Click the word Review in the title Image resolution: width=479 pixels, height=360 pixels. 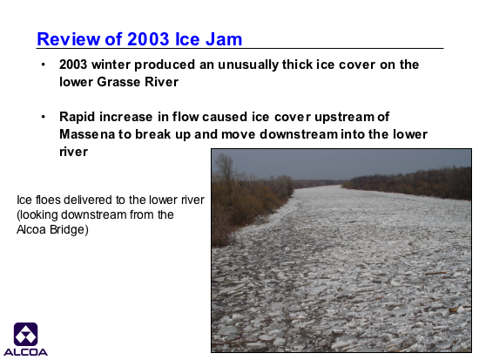click(69, 39)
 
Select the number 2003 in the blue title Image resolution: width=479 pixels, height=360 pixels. click(148, 39)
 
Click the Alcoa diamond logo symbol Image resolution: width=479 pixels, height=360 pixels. click(25, 335)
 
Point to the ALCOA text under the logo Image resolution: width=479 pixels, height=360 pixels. click(25, 352)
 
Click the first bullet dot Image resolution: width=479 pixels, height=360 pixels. click(44, 65)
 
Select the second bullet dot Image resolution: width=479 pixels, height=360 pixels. click(44, 117)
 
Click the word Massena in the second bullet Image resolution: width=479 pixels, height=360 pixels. click(87, 134)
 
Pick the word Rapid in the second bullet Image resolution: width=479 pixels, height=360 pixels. click(78, 117)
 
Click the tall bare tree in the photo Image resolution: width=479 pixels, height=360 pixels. click(226, 171)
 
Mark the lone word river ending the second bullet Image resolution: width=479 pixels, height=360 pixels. click(74, 152)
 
